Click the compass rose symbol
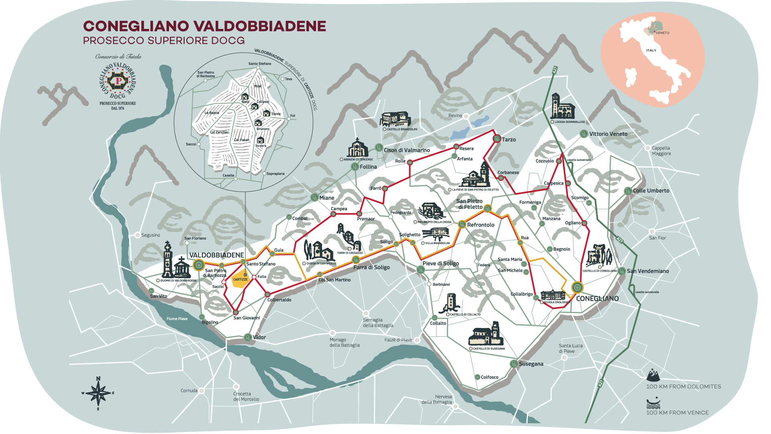[x=98, y=393]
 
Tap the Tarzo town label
[x=508, y=139]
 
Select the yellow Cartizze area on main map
[x=240, y=280]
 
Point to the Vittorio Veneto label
[x=608, y=134]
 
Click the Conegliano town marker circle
[x=577, y=287]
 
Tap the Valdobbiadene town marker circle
[x=198, y=265]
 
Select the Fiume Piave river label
[x=177, y=319]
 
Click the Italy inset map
[x=653, y=60]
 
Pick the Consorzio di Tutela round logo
[x=118, y=80]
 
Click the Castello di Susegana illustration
[x=486, y=334]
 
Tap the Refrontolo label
[x=481, y=225]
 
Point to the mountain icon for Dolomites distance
[x=653, y=375]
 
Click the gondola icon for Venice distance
[x=653, y=403]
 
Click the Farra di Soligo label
[x=371, y=267]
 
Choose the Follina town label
[x=368, y=167]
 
